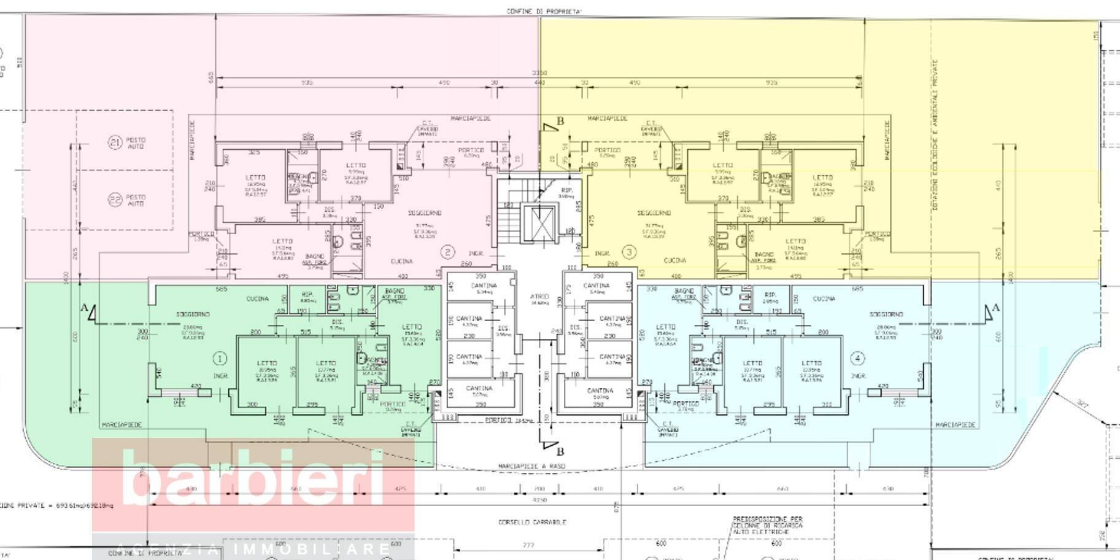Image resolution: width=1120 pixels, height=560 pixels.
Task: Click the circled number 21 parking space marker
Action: [115, 143]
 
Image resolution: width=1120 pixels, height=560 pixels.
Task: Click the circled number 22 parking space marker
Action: [115, 200]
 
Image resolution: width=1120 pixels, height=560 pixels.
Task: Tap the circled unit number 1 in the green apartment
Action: [220, 358]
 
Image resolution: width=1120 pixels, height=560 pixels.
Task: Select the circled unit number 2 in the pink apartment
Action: [448, 252]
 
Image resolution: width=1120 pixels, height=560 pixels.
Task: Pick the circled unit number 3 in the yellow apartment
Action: [628, 252]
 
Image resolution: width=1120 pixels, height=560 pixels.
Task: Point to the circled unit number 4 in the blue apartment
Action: [857, 358]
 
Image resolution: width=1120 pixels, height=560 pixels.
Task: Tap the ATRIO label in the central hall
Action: [539, 297]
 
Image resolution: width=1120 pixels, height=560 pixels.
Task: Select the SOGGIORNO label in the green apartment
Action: [193, 314]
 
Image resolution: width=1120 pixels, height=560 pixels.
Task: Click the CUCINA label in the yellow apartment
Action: [675, 260]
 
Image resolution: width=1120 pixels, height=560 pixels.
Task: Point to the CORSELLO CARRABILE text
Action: [532, 522]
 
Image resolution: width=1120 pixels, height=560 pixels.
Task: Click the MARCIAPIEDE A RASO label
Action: [532, 466]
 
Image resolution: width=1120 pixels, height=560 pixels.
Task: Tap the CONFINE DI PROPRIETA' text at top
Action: [544, 12]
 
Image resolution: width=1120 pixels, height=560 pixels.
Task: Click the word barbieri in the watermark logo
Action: [253, 480]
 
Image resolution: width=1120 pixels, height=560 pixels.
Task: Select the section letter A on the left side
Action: [83, 308]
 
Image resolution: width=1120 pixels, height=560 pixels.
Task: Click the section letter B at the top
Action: [559, 121]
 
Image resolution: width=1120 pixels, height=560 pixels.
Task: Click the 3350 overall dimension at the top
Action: [539, 73]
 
